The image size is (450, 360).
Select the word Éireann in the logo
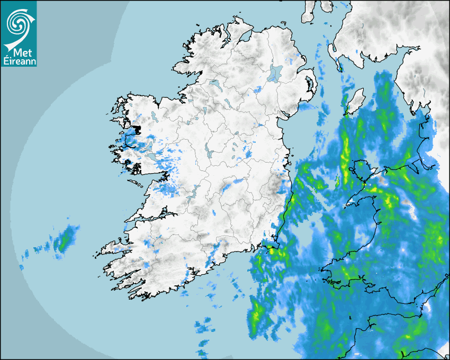19,61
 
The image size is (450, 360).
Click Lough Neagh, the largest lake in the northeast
275,73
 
